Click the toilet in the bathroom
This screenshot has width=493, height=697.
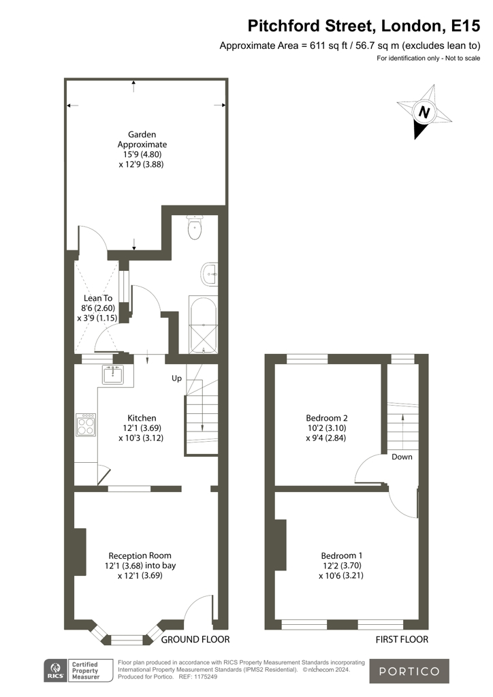(195, 227)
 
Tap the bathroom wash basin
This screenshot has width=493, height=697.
(209, 274)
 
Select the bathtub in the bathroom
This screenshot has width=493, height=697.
(203, 325)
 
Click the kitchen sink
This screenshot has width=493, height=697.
(113, 374)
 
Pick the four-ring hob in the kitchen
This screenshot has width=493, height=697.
(86, 425)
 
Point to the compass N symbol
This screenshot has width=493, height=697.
(424, 112)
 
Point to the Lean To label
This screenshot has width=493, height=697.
(98, 298)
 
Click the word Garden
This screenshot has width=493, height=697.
(142, 134)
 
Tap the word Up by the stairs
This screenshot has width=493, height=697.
(176, 378)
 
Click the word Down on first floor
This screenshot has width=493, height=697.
(402, 457)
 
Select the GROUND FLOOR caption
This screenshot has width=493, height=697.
(195, 639)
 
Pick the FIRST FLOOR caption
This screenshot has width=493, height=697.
(402, 639)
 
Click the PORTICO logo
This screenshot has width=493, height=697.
(409, 671)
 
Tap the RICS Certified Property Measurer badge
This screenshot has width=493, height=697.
(72, 671)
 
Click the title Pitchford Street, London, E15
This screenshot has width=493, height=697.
(364, 26)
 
